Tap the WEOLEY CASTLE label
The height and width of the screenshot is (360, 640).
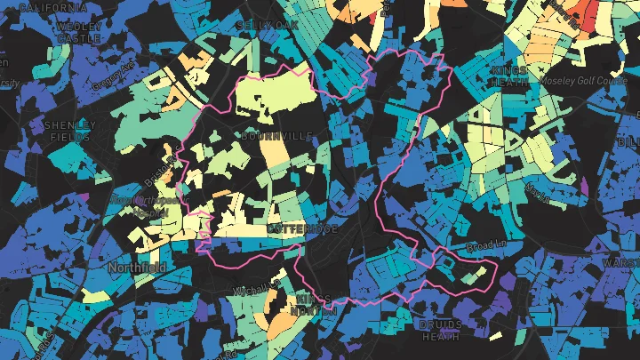[x=78, y=33]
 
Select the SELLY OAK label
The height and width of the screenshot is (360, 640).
[x=267, y=26]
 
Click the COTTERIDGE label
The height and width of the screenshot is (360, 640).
[x=301, y=229]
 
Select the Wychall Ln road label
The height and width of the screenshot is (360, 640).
[x=252, y=289]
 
